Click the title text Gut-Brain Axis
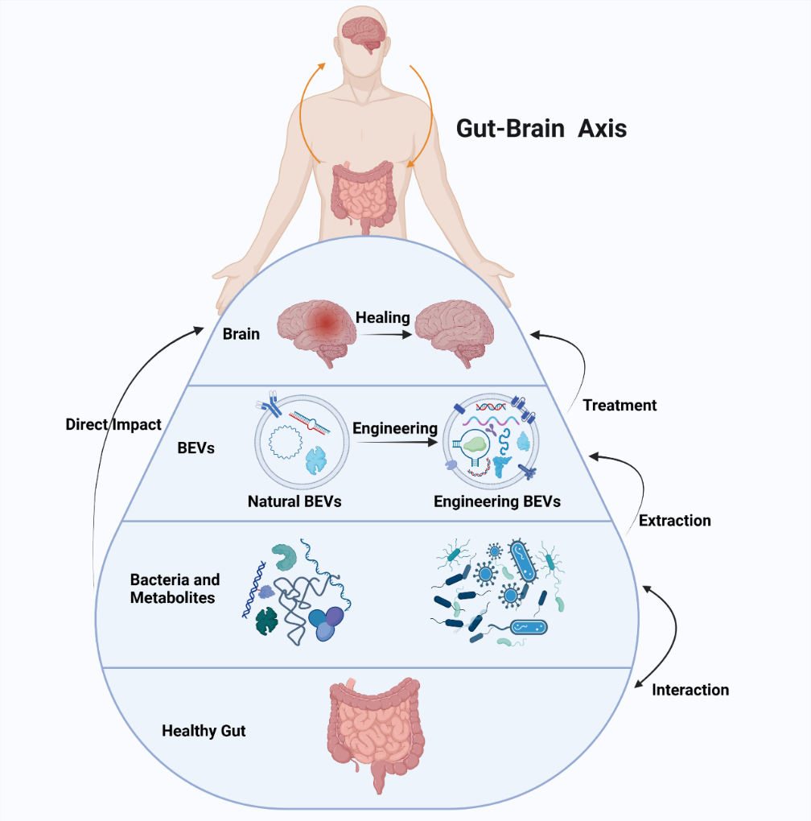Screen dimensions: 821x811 coord(541,128)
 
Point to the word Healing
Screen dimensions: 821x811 coord(383,317)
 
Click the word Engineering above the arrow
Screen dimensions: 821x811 coord(395,428)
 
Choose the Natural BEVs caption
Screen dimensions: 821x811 coord(294,501)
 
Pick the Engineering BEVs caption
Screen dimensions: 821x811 coord(496,501)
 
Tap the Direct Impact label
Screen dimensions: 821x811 coord(113,424)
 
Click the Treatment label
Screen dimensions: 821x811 coord(620,405)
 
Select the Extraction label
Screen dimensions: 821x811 coord(674,520)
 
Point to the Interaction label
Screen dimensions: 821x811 coord(690,690)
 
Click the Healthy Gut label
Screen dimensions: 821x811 coord(204,731)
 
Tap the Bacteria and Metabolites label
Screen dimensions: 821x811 coord(175,588)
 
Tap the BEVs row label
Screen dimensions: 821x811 coord(196,448)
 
